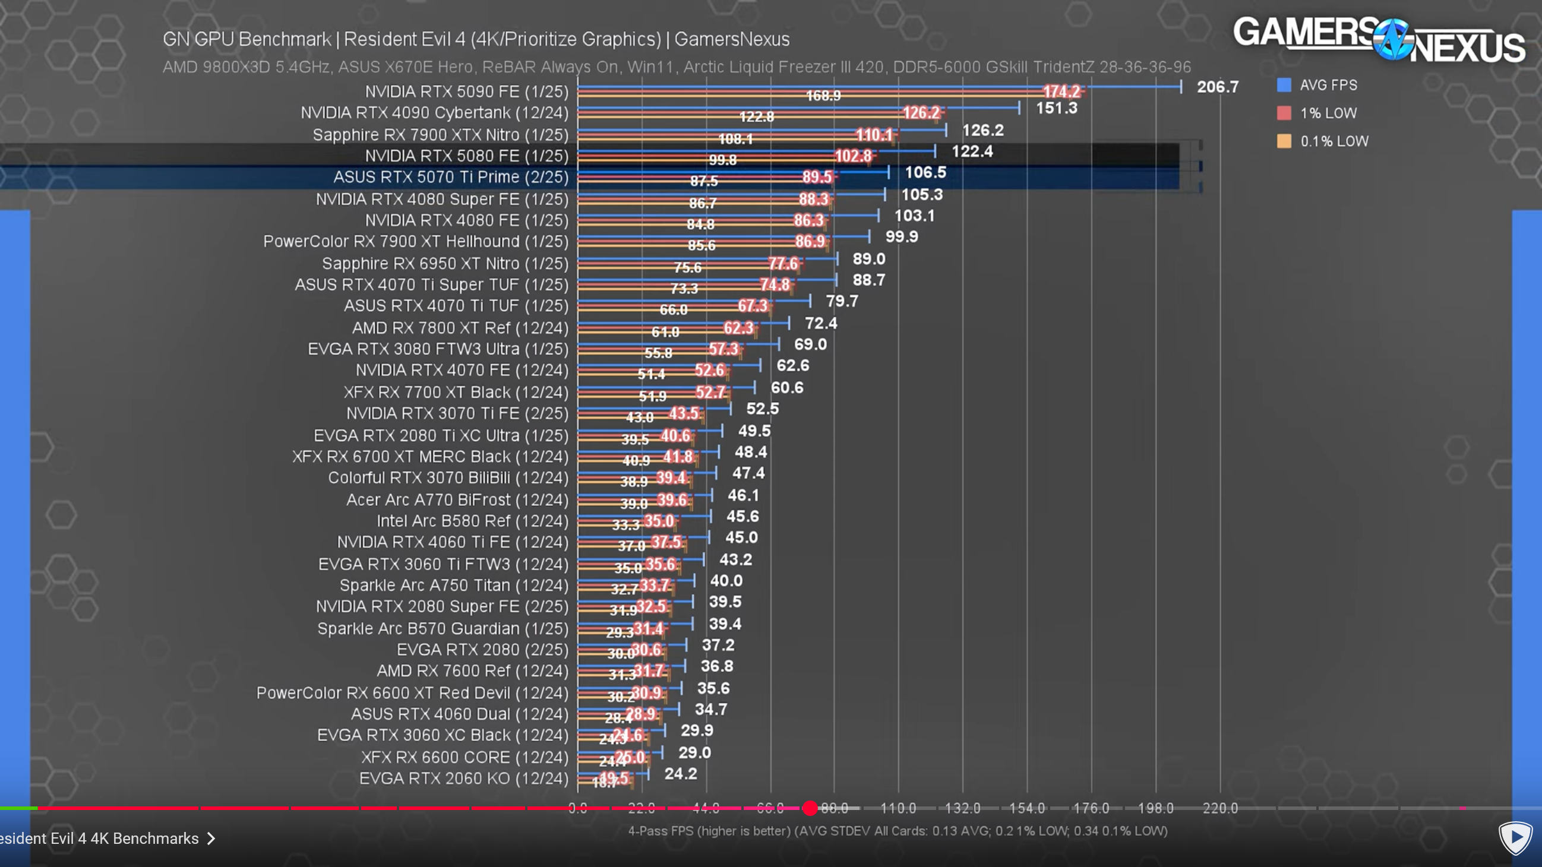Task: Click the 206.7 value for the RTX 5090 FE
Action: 1217,87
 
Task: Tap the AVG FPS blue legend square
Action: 1284,85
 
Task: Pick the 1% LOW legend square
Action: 1284,113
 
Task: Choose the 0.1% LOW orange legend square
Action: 1284,141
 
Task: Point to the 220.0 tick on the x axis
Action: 1220,808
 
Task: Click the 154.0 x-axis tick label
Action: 1026,808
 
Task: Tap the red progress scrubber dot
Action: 810,808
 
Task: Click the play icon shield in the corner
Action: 1515,838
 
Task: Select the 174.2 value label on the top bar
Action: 1061,91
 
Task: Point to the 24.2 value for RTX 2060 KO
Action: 681,774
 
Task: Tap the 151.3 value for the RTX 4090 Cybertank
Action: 1057,108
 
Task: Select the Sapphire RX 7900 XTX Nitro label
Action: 440,135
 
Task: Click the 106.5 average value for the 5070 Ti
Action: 925,172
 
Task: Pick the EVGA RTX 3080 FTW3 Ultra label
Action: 438,349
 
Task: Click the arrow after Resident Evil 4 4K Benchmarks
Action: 211,838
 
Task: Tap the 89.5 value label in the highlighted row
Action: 817,177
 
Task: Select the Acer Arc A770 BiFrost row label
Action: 457,499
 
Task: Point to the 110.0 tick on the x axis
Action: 898,808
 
